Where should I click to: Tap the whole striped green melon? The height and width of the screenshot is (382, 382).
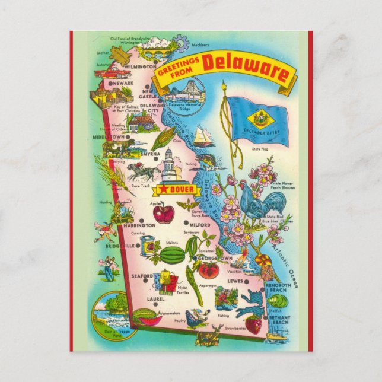173,256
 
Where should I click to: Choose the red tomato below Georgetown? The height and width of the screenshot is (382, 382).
208,270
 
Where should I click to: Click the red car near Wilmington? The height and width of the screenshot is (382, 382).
113,72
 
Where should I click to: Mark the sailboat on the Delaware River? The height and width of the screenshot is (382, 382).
203,137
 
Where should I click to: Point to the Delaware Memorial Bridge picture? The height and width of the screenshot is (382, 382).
186,94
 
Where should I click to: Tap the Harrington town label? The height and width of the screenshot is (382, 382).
139,225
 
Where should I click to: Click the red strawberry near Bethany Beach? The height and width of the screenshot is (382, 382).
254,324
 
